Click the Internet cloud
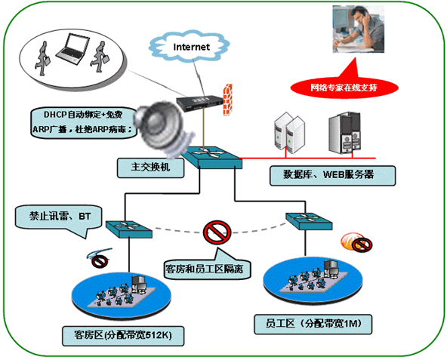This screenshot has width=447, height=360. click(x=189, y=47)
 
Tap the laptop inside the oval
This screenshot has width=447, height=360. click(x=72, y=48)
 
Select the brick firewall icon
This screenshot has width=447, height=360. click(x=227, y=100)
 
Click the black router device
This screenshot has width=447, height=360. click(x=200, y=103)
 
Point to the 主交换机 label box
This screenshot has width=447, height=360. click(x=150, y=168)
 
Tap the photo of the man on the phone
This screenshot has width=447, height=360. click(x=359, y=29)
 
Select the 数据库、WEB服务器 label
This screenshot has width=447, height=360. click(x=332, y=175)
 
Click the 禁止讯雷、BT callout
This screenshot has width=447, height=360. click(x=59, y=218)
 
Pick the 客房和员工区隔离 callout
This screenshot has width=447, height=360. click(x=207, y=268)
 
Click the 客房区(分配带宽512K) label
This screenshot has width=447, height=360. click(x=123, y=336)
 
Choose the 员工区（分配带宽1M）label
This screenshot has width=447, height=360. click(x=313, y=324)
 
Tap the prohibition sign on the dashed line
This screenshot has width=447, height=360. click(x=217, y=232)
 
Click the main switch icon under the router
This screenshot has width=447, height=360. click(x=212, y=157)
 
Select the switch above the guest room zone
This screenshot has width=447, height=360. click(x=129, y=229)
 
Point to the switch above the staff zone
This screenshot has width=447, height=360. click(x=309, y=221)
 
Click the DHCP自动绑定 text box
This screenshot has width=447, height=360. click(x=84, y=123)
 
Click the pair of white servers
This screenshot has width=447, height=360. click(x=289, y=133)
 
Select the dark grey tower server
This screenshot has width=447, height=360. click(x=344, y=133)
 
